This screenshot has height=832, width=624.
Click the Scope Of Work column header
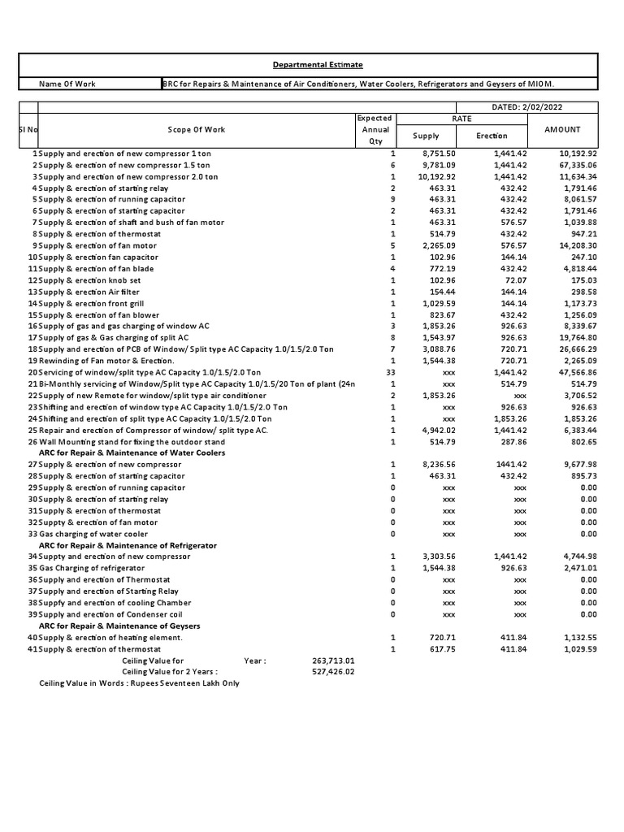pyautogui.click(x=196, y=130)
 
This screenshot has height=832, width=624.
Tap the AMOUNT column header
pyautogui.click(x=562, y=130)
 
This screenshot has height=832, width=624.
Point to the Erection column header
pyautogui.click(x=492, y=136)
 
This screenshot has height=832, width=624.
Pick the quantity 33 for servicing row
pyautogui.click(x=391, y=372)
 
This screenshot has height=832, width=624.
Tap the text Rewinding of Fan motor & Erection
pyautogui.click(x=106, y=361)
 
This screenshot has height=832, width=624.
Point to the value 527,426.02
pyautogui.click(x=332, y=672)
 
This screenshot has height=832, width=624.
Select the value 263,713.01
pyautogui.click(x=332, y=661)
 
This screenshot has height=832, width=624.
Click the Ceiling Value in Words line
pyautogui.click(x=139, y=683)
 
